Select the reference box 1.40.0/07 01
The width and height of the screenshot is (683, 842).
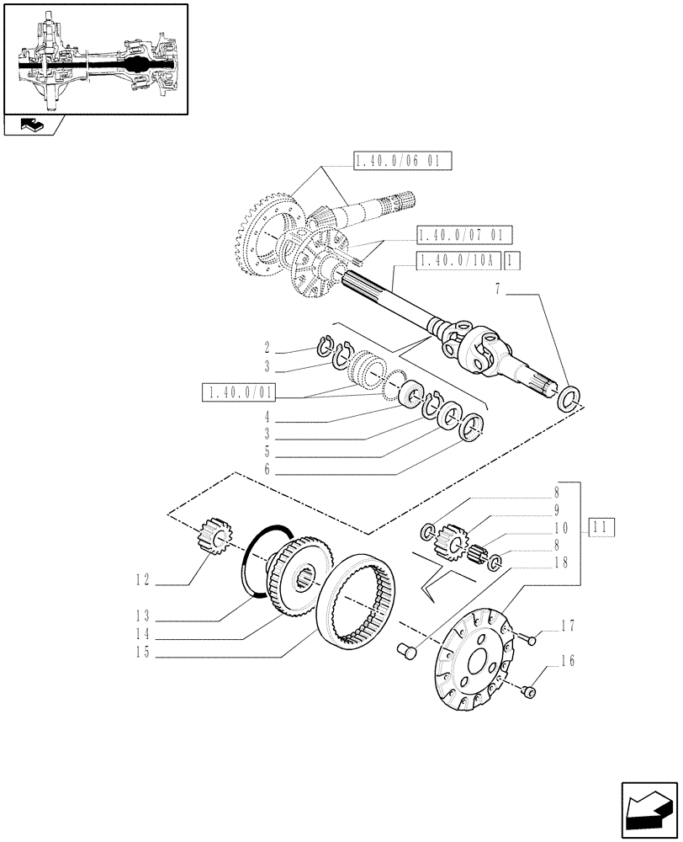(463, 234)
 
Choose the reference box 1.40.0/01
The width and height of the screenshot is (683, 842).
(239, 392)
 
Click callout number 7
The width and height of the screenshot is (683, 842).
(498, 290)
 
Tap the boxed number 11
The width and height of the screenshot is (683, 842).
(602, 528)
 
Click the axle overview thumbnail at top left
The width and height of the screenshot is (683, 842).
(95, 58)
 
